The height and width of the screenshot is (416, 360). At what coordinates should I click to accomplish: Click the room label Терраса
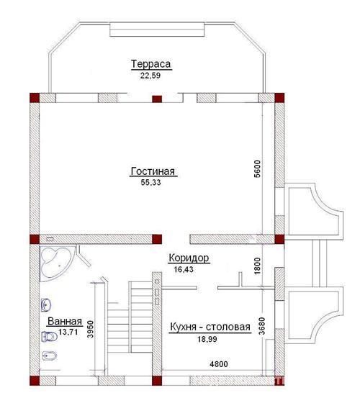(x=151, y=64)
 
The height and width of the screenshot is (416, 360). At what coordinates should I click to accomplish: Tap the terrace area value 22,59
(x=150, y=76)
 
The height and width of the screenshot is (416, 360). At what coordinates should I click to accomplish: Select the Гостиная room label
(x=153, y=171)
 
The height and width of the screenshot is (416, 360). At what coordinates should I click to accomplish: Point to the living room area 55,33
(x=150, y=183)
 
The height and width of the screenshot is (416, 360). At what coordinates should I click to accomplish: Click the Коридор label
(x=189, y=258)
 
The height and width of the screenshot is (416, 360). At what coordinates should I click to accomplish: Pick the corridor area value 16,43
(x=184, y=270)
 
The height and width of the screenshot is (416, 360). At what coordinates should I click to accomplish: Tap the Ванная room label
(x=65, y=322)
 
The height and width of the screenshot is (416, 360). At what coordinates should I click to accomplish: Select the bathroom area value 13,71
(x=68, y=332)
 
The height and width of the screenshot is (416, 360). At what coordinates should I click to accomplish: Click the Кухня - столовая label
(x=210, y=327)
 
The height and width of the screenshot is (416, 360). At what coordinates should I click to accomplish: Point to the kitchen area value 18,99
(x=207, y=339)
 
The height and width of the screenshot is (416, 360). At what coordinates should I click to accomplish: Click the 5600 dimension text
(x=258, y=168)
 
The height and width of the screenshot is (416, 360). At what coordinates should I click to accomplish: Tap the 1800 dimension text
(x=258, y=266)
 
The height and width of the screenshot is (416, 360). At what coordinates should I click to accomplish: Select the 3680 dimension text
(x=262, y=326)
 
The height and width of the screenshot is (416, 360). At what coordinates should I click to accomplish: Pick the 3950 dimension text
(x=91, y=329)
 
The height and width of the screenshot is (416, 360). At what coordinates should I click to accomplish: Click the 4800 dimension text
(x=219, y=364)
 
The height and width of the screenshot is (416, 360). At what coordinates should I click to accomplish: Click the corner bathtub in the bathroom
(x=55, y=263)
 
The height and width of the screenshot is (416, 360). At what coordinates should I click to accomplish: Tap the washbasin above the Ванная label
(x=46, y=305)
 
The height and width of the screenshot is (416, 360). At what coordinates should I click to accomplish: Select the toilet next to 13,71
(x=50, y=337)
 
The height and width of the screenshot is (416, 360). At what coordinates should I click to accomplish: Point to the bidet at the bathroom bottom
(x=50, y=356)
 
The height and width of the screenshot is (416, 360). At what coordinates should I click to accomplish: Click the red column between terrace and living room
(x=157, y=99)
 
